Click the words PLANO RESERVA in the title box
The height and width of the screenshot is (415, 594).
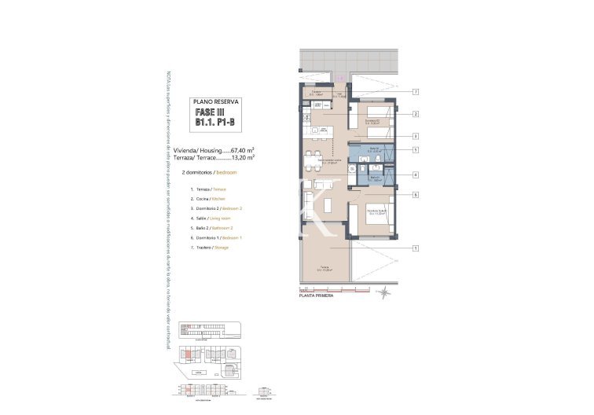pyautogui.click(x=216, y=101)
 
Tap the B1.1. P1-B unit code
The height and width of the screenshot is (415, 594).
pyautogui.click(x=216, y=123)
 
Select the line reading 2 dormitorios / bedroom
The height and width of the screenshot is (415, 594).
pyautogui.click(x=209, y=171)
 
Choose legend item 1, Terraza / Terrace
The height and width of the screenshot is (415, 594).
pyautogui.click(x=207, y=189)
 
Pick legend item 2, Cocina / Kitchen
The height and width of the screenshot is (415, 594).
pyautogui.click(x=207, y=200)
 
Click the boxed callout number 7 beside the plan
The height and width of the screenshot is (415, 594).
pyautogui.click(x=414, y=93)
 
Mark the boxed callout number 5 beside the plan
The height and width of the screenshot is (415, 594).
pyautogui.click(x=414, y=149)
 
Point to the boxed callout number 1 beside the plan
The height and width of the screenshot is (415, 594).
pyautogui.click(x=414, y=249)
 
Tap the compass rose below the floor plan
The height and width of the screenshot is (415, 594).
pyautogui.click(x=384, y=293)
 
